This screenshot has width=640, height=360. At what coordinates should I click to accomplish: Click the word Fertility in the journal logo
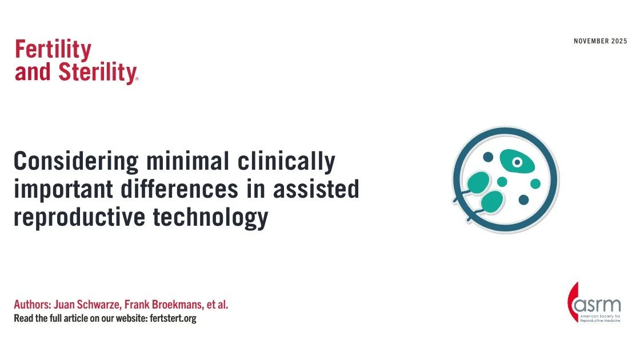tap(53, 50)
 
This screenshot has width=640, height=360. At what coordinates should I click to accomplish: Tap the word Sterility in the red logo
tap(98, 72)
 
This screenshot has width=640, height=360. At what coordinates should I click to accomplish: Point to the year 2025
tap(619, 41)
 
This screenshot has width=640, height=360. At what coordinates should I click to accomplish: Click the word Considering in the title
tap(76, 162)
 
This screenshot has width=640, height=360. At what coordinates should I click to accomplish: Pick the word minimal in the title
tap(188, 161)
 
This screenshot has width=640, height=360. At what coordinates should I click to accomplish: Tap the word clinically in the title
tap(286, 162)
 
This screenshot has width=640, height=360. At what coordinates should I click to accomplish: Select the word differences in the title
tap(179, 189)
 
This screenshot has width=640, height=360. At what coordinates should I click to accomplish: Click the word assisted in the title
tap(316, 189)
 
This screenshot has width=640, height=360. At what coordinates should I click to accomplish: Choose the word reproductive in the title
tap(79, 217)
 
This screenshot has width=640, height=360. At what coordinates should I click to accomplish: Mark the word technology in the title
tap(211, 217)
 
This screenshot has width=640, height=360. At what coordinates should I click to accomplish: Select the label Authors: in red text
tap(33, 305)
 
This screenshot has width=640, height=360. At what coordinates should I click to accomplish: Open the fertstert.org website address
tap(173, 318)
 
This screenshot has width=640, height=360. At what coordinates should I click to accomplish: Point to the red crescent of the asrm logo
tap(571, 302)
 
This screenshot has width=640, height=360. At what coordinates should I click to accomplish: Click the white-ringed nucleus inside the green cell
tap(517, 162)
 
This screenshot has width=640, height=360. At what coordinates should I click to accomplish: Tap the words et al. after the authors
tap(218, 305)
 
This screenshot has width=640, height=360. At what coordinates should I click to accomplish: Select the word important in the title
tap(63, 190)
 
